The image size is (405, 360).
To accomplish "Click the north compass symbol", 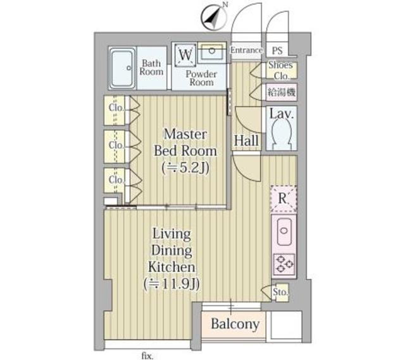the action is click(215, 17).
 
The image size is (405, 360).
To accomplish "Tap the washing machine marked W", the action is click(185, 56).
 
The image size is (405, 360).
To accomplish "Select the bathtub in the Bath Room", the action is click(122, 68).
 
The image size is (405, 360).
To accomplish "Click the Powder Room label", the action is click(201, 78).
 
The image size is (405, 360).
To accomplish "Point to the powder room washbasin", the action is click(212, 53).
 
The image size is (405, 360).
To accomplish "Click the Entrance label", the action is click(246, 50).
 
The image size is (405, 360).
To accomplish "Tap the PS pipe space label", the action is click(277, 51).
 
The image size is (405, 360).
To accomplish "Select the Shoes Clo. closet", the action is click(282, 70).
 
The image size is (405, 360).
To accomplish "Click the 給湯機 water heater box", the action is click(282, 92).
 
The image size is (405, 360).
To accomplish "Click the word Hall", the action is click(246, 140).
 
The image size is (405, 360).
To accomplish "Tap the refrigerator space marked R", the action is click(283, 198).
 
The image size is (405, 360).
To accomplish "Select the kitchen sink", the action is click(284, 232).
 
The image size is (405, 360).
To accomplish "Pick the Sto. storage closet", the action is click(280, 292).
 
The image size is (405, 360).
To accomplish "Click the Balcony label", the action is click(235, 324).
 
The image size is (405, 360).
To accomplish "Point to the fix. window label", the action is click(147, 356).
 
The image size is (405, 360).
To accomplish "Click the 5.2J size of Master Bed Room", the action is click(185, 168).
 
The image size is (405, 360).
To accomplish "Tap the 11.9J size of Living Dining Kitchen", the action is click(171, 285).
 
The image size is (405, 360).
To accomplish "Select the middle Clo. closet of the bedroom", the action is click(116, 146).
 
